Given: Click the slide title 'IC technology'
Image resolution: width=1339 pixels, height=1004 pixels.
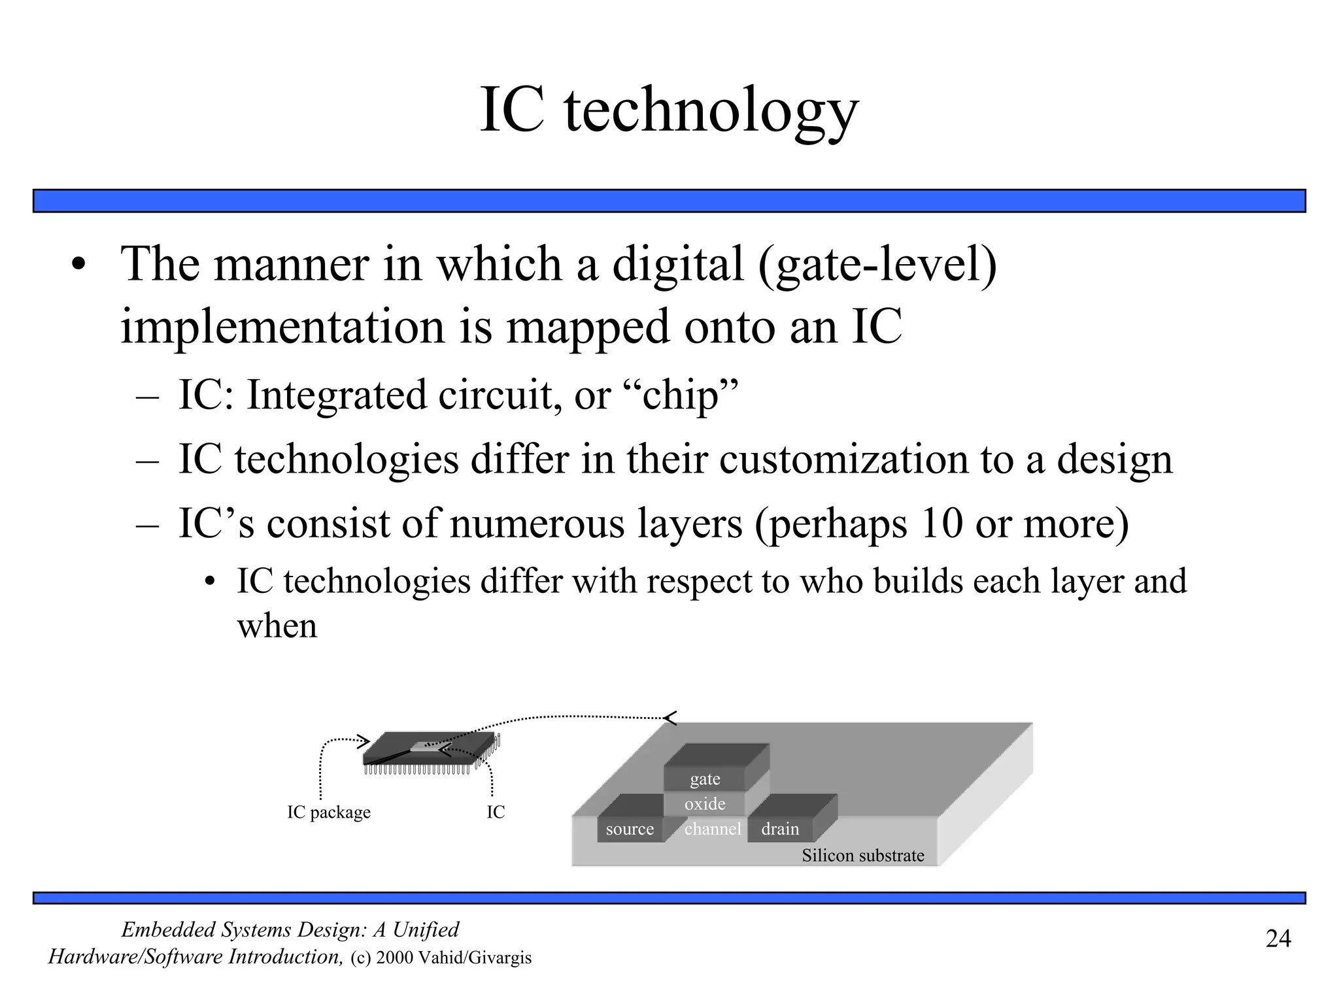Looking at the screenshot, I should [668, 111].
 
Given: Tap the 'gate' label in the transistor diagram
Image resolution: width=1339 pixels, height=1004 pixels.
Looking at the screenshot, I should [705, 778].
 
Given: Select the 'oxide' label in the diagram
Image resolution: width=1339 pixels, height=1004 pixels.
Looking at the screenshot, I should [705, 803].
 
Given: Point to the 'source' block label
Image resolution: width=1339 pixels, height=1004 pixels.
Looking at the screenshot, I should [630, 829].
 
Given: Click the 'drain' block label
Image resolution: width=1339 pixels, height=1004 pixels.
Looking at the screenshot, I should [780, 829].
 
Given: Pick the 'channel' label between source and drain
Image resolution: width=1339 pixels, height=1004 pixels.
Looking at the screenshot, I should [713, 829].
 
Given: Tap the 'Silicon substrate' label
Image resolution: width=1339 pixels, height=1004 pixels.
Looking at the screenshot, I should [863, 856].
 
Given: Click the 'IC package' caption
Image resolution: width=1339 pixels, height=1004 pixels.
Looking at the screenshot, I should [329, 812].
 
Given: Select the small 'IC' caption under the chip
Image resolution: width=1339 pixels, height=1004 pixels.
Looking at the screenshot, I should [496, 812].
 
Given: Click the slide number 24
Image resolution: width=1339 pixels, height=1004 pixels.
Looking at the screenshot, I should [1278, 939].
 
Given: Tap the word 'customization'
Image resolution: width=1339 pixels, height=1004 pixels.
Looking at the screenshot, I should [843, 460].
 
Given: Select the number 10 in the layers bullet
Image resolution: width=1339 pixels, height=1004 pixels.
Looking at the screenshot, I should [940, 524].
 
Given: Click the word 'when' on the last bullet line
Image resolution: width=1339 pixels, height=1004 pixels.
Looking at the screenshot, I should [277, 626].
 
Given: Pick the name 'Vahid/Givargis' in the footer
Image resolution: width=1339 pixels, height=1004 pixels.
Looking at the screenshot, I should [475, 958].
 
